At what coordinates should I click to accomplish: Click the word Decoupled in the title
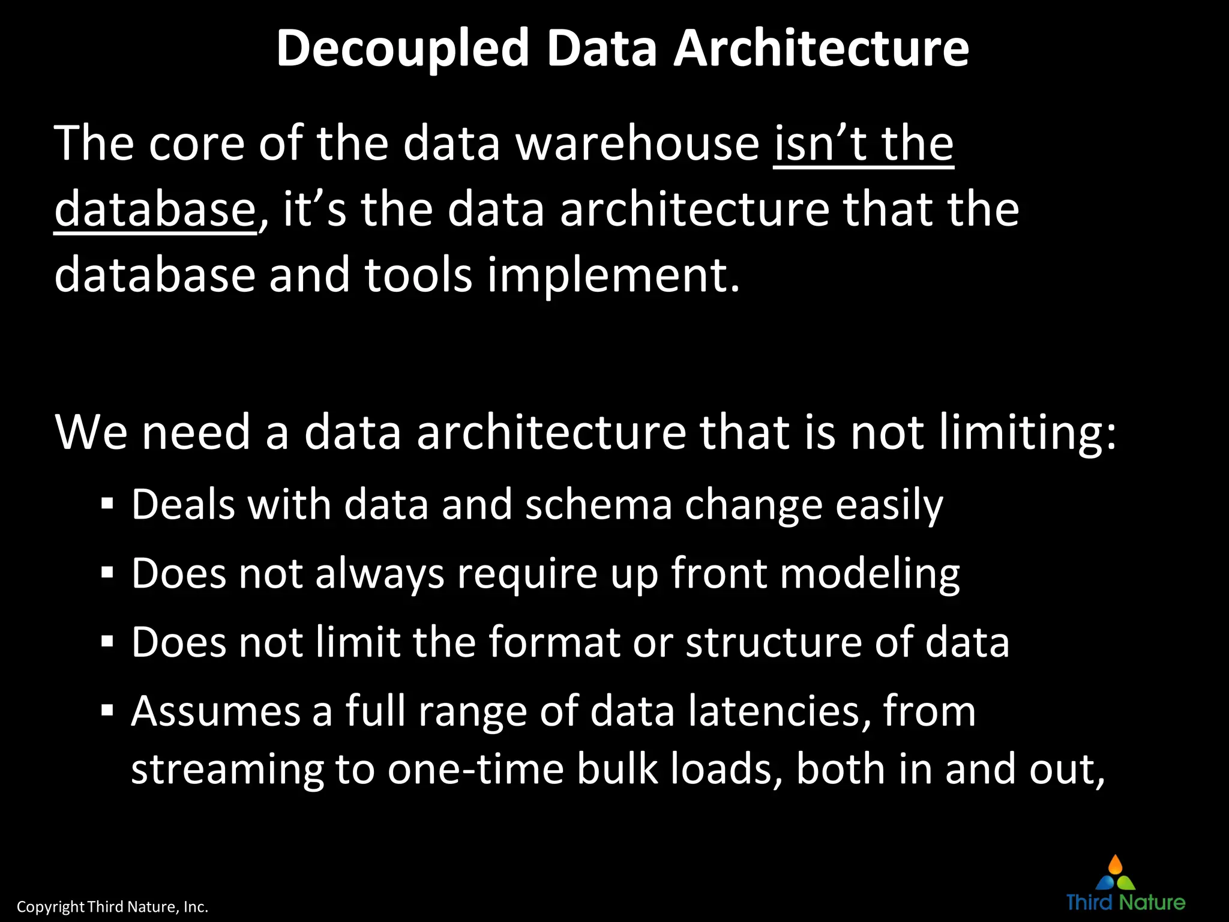(402, 49)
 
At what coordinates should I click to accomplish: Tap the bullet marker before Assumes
(107, 711)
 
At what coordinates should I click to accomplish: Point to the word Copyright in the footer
(50, 906)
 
